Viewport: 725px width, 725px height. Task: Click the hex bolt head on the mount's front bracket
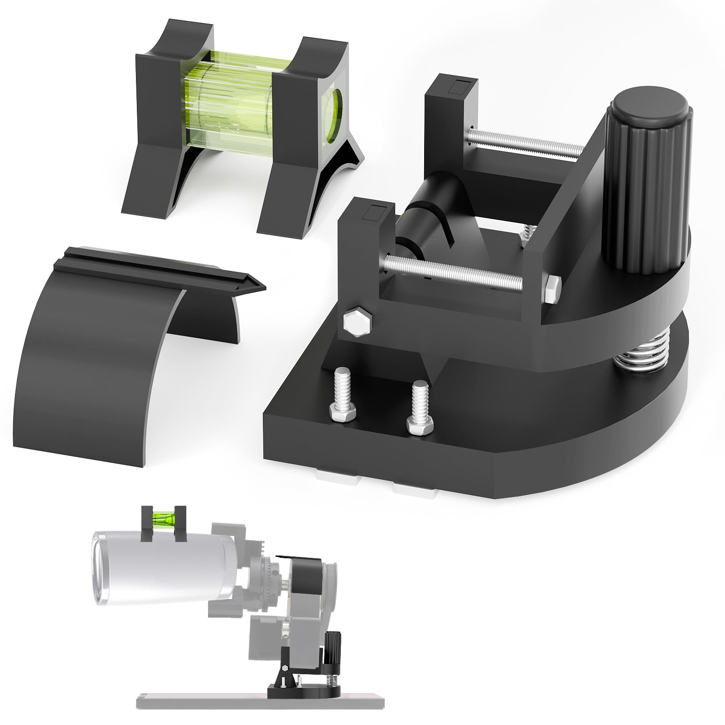point(357,323)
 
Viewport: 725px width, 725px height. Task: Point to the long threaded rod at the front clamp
point(453,274)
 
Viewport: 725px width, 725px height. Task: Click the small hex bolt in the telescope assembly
point(286,656)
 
